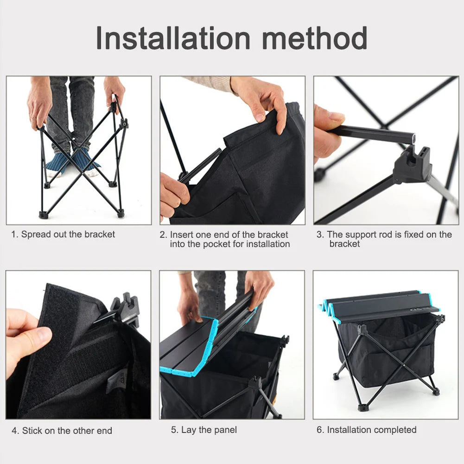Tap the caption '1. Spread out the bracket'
coord(63,234)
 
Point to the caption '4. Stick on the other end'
coord(62,431)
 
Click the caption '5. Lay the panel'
coord(203,430)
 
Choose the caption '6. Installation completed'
coord(366,430)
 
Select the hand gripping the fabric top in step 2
coord(264,100)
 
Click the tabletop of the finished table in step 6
coord(380,304)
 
